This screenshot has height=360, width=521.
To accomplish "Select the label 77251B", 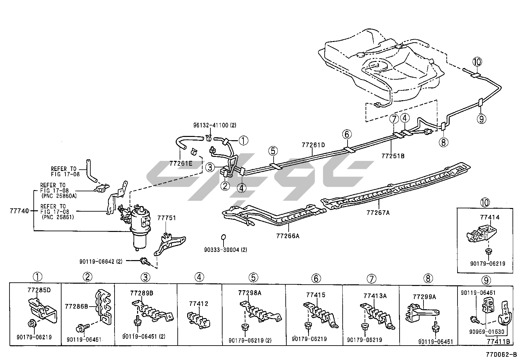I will pos(393,156).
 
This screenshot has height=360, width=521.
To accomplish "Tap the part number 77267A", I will pos(378,213).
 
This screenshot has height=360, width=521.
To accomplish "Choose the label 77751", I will pos(167,218).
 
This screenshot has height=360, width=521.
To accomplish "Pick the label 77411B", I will pos(498,341).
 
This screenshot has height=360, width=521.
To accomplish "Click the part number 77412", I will pos(198,304).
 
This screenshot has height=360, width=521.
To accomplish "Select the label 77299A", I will pos(424,297).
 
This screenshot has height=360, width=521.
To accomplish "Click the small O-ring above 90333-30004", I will pos(223,237).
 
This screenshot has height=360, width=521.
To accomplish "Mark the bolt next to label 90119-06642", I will pos(144,261).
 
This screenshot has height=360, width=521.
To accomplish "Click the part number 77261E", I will pos(181,163).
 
